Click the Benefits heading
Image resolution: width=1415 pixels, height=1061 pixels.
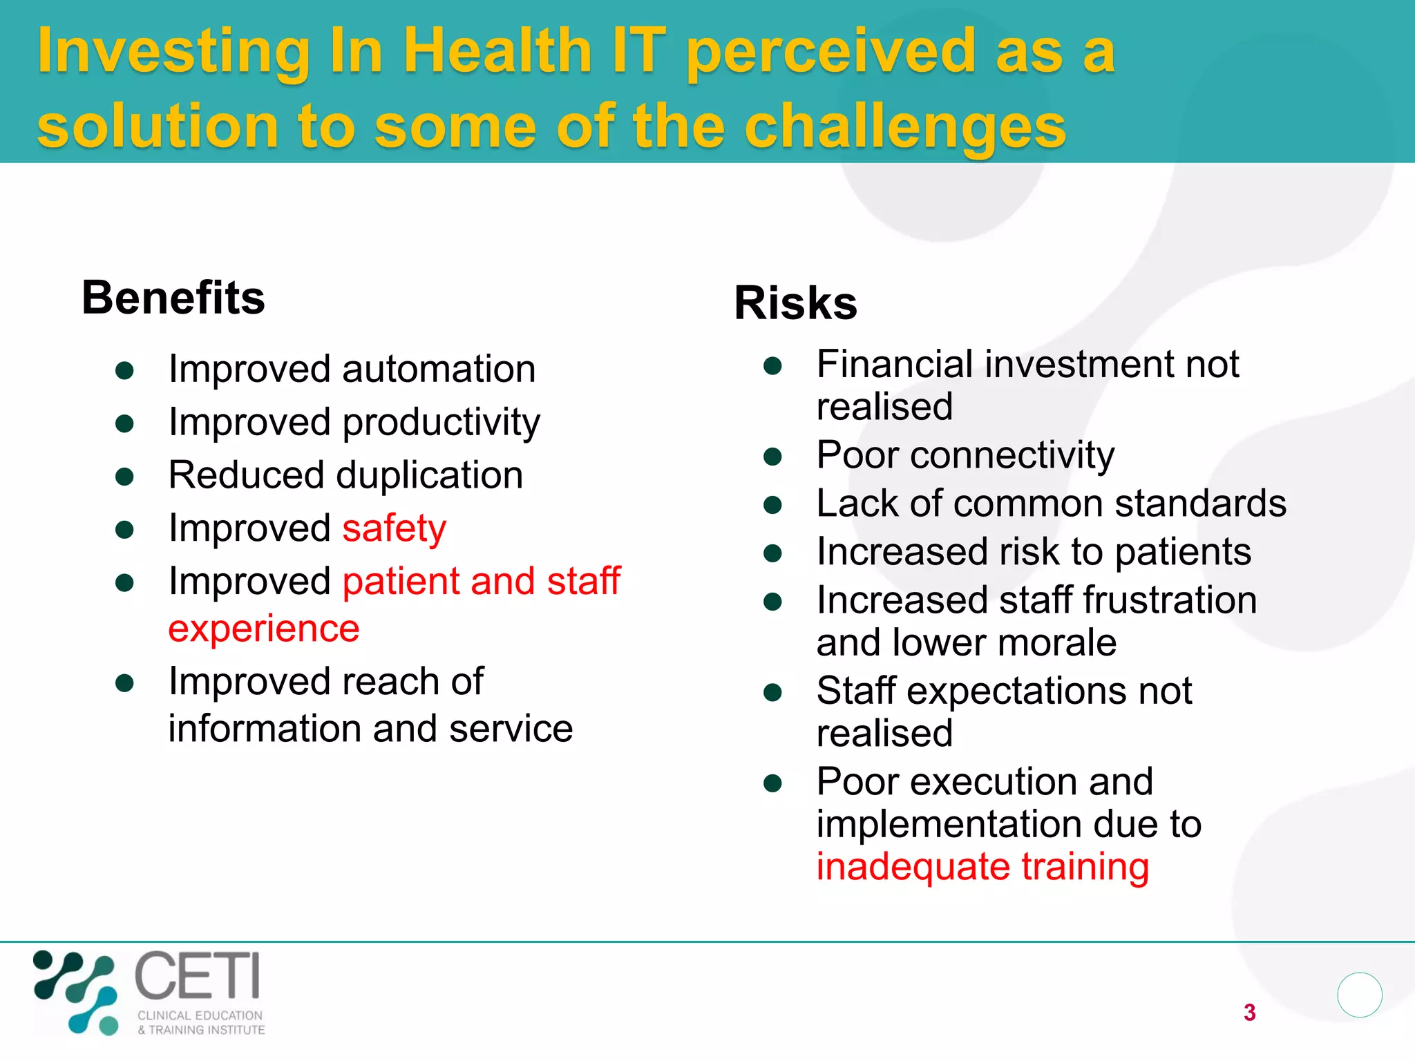(x=173, y=298)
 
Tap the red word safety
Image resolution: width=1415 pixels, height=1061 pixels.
(x=394, y=529)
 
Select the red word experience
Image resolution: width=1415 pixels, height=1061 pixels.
(x=264, y=629)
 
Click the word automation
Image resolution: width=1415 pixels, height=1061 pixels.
(x=439, y=369)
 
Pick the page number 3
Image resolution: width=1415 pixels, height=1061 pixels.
(x=1249, y=1013)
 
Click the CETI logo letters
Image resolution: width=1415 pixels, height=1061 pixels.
(x=198, y=975)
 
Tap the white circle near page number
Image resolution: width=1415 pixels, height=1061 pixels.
(x=1359, y=995)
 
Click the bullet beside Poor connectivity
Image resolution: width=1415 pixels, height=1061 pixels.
(x=772, y=457)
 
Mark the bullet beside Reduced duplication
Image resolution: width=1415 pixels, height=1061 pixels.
(x=124, y=477)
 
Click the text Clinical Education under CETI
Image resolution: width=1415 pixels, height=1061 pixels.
(x=200, y=1015)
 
